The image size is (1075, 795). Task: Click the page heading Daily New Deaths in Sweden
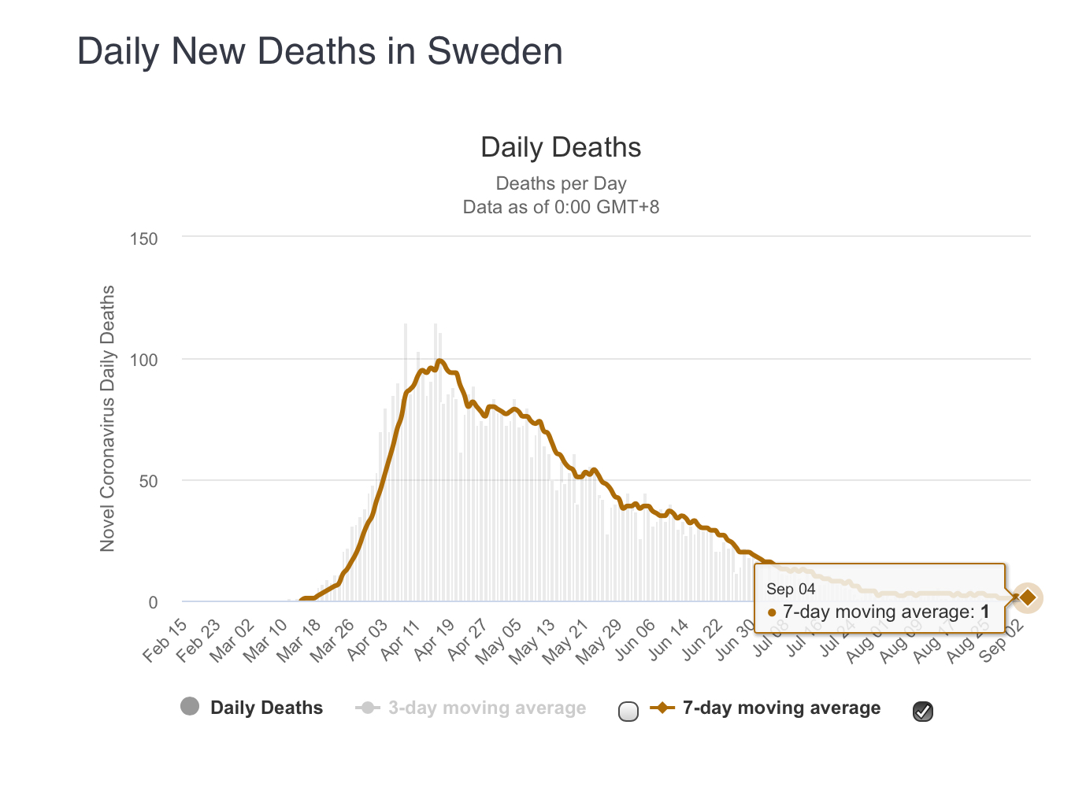(320, 52)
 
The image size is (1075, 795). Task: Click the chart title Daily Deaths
(561, 148)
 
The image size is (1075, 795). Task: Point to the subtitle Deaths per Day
(561, 183)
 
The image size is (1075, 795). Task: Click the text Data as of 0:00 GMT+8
(561, 207)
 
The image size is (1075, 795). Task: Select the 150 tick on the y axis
(143, 238)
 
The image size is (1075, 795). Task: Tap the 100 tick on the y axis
(143, 361)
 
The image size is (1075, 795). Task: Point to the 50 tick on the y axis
(148, 482)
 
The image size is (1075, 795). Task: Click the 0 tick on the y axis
(153, 603)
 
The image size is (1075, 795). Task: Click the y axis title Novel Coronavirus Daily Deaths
(107, 418)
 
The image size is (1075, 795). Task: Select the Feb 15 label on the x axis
(166, 640)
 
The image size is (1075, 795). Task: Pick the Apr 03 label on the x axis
(368, 640)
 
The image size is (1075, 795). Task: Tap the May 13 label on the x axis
(535, 640)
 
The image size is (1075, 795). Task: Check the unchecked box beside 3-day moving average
(628, 712)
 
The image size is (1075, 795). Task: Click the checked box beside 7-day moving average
(923, 712)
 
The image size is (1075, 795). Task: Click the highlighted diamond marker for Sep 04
(1028, 598)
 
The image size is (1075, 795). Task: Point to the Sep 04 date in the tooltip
(791, 589)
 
